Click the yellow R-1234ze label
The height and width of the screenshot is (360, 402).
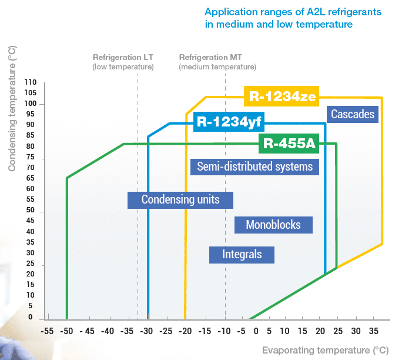(281, 96)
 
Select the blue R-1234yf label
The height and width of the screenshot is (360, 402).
(228, 122)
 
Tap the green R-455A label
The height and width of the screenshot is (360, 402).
(287, 143)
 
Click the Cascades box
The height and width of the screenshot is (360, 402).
(353, 114)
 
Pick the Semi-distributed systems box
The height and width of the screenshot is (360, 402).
(254, 166)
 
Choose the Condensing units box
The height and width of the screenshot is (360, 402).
(180, 199)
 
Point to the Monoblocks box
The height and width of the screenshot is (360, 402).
(273, 225)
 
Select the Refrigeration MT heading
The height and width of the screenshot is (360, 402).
(210, 58)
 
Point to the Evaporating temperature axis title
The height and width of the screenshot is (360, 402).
(325, 349)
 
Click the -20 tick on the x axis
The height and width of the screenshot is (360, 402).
(185, 331)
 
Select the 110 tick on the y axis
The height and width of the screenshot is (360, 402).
(31, 83)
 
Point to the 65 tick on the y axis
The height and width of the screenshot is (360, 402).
(31, 178)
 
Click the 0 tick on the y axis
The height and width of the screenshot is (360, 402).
(31, 317)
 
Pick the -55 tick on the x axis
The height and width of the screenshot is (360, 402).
(46, 331)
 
